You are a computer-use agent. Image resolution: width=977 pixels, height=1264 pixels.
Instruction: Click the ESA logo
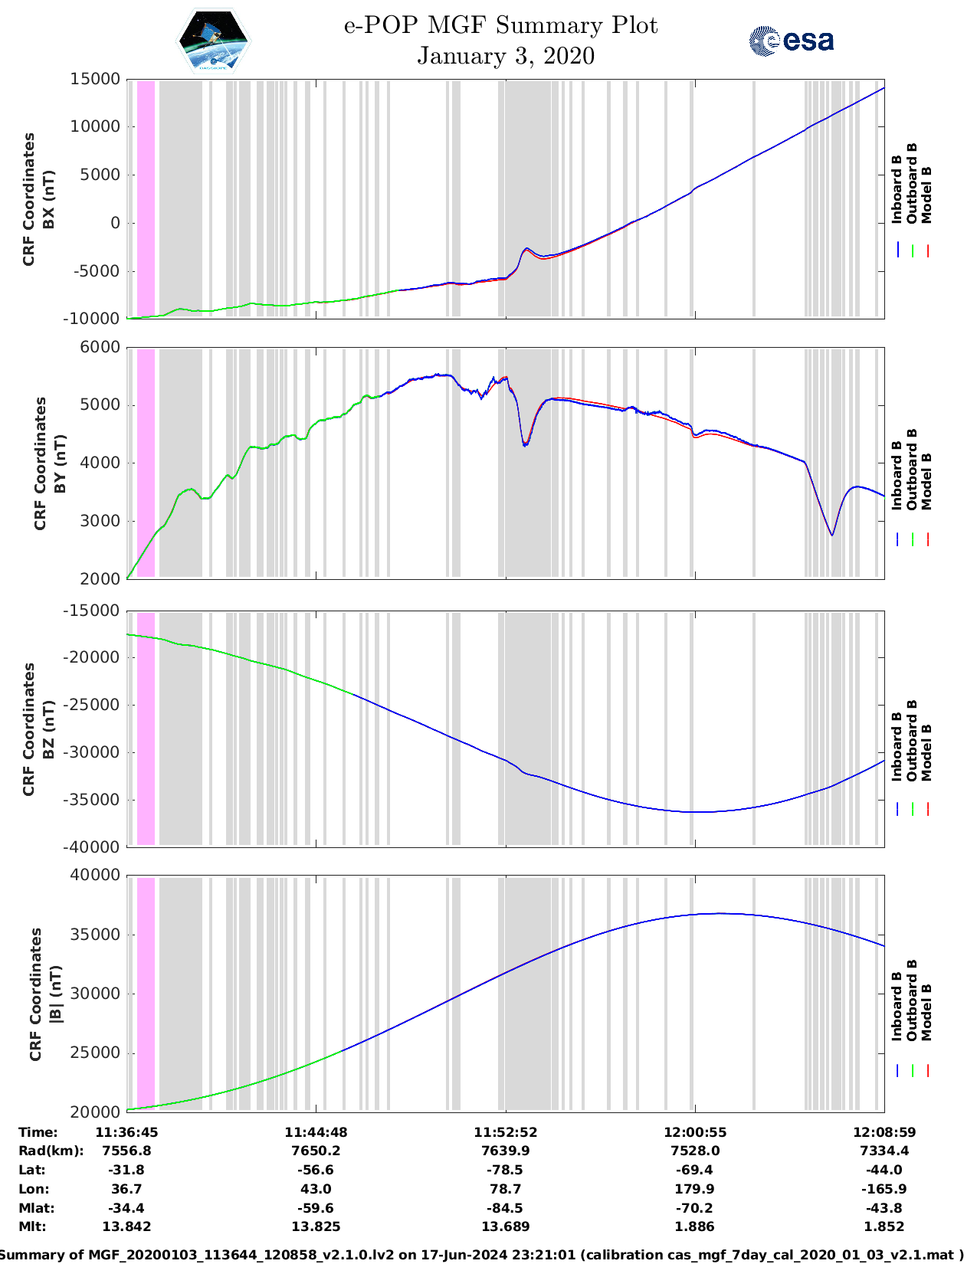[792, 41]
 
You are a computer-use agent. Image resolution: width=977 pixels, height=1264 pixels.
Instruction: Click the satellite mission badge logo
[213, 41]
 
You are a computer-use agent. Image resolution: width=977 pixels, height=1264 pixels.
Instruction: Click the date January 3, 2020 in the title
[506, 56]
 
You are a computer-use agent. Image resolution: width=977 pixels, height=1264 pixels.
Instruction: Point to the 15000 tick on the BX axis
[95, 79]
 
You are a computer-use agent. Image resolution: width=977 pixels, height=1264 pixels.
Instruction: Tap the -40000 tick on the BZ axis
[92, 846]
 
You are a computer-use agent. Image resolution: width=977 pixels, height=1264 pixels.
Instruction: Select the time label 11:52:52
[505, 1132]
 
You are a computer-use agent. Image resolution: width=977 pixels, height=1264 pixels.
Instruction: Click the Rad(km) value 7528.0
[694, 1151]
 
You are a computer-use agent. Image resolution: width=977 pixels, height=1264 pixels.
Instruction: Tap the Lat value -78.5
[505, 1170]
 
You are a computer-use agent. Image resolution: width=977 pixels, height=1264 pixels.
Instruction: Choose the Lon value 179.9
[694, 1189]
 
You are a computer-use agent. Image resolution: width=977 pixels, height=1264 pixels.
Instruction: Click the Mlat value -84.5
[505, 1208]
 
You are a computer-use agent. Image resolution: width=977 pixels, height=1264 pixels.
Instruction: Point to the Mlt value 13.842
[126, 1226]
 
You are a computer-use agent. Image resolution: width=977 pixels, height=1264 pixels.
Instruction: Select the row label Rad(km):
[51, 1151]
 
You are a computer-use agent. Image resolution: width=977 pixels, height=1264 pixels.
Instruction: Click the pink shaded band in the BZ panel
[146, 728]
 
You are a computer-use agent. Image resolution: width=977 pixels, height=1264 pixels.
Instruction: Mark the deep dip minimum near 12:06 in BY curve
[831, 535]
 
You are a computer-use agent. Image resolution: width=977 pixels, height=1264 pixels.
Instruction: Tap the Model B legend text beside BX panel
[926, 195]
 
